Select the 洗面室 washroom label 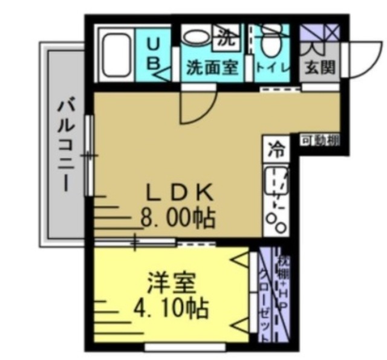tap(211, 67)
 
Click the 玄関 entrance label tap(319, 67)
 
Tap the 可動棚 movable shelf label tap(320, 141)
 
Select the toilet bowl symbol tap(271, 42)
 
